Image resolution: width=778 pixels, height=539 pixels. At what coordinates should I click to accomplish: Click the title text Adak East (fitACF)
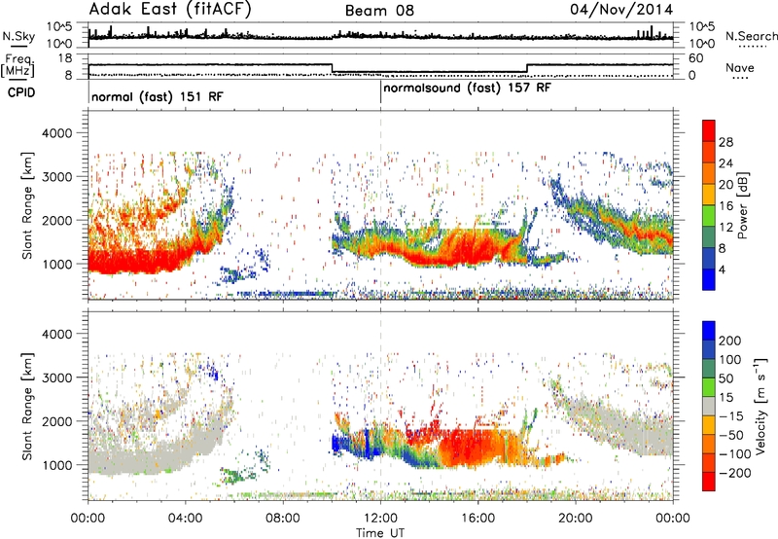pos(170,9)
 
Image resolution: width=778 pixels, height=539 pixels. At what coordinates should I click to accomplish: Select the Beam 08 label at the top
pos(379,11)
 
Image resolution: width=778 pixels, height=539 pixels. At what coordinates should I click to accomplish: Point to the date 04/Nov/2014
pos(621,10)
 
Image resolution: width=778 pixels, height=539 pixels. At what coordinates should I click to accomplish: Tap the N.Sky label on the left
pos(18,36)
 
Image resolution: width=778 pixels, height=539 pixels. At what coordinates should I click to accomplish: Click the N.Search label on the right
pos(751,36)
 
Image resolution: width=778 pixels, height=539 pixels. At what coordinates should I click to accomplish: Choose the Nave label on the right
pos(740,67)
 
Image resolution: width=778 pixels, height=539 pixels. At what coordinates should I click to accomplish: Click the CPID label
pos(21,92)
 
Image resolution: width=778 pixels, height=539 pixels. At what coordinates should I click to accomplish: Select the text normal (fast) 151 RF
pos(158,96)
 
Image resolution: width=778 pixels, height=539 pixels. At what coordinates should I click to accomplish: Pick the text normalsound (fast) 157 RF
pos(467,88)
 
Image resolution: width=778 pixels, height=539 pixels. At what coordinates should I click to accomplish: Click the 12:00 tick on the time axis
pos(380,518)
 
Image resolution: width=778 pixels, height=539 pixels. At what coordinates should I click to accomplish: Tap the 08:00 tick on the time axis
pos(283,518)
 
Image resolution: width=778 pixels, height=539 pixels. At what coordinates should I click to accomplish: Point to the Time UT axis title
pos(380,533)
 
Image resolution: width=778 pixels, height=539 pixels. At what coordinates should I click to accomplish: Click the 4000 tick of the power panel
pos(56,133)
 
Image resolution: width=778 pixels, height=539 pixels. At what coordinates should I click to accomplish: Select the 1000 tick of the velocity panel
pos(56,465)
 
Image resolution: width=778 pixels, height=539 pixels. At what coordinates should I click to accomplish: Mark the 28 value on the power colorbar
pos(725,142)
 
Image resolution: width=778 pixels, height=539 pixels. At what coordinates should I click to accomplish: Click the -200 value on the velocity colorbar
pos(735,473)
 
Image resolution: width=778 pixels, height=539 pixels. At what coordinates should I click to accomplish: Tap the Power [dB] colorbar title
pos(743,205)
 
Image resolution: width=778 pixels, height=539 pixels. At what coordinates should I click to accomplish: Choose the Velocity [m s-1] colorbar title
pos(760,406)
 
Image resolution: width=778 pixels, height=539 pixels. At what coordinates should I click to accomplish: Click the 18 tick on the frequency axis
pos(65,58)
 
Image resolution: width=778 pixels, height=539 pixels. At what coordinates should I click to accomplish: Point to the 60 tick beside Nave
pos(696,58)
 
